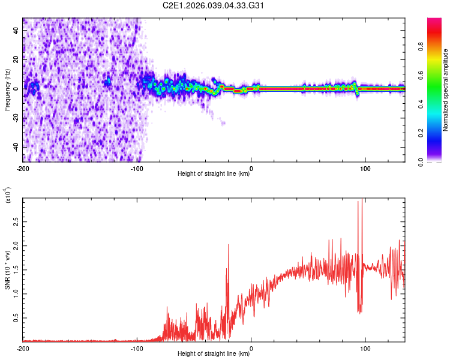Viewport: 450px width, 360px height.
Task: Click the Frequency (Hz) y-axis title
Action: (7, 90)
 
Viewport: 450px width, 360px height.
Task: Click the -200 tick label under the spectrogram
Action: (23, 169)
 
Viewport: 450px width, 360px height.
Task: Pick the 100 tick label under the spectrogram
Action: (365, 169)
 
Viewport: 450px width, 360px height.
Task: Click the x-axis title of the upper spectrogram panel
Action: (214, 175)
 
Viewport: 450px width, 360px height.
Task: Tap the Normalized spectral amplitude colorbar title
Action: (446, 90)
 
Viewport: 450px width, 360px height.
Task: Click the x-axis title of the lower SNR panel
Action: (214, 354)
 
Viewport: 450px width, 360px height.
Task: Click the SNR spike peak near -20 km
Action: (229, 245)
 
